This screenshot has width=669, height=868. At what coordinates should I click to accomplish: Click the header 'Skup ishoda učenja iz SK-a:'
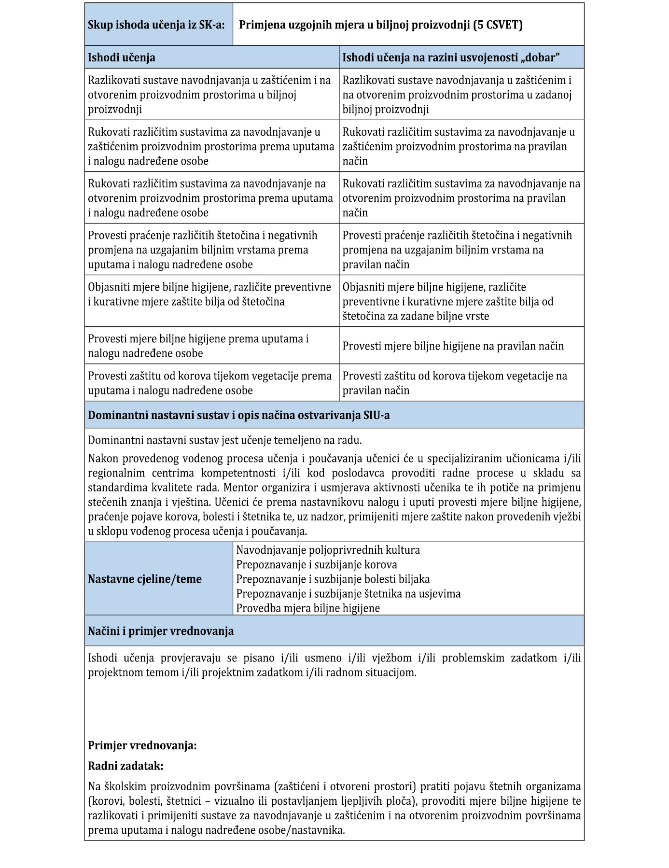coord(156,25)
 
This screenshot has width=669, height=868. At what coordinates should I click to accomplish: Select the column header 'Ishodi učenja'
coord(122,58)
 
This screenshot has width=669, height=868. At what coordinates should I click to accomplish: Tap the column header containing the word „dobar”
coord(451,58)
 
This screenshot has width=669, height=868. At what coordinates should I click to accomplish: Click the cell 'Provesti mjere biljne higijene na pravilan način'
coord(453,346)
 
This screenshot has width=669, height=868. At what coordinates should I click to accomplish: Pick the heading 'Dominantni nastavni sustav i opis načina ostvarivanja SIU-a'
coord(238,415)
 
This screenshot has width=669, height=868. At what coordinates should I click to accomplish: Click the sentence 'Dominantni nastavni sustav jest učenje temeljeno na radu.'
coord(224,440)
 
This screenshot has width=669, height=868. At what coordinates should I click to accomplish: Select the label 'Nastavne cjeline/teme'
coord(145,579)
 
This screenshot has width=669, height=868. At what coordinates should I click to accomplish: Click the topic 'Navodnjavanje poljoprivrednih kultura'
coord(328,550)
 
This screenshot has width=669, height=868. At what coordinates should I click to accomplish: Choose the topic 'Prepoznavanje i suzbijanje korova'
coord(317,564)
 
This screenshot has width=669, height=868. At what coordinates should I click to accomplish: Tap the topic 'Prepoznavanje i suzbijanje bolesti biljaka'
coord(333,579)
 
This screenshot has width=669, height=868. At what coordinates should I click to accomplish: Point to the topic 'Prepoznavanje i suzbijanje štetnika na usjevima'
coord(348,593)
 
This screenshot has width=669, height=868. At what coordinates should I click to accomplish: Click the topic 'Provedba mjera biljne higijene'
coord(308,608)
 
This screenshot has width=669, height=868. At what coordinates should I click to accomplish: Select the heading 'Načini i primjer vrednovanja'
coord(161,631)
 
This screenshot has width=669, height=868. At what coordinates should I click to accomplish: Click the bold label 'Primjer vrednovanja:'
coord(142,745)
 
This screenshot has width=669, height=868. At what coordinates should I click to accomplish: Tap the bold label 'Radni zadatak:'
coord(125,766)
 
